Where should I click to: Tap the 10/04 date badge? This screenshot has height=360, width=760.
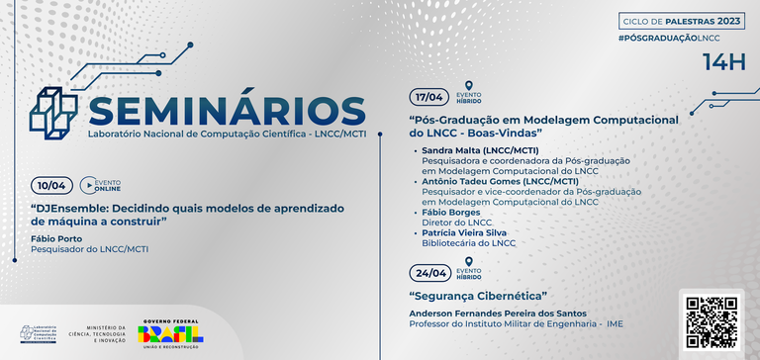[x=50, y=185]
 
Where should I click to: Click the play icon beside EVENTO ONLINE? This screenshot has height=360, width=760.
[x=87, y=185]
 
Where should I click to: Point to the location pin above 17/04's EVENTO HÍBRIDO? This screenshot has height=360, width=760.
[x=468, y=85]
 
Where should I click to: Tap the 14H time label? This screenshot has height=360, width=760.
[x=722, y=61]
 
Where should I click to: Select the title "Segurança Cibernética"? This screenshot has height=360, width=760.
[x=478, y=297]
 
